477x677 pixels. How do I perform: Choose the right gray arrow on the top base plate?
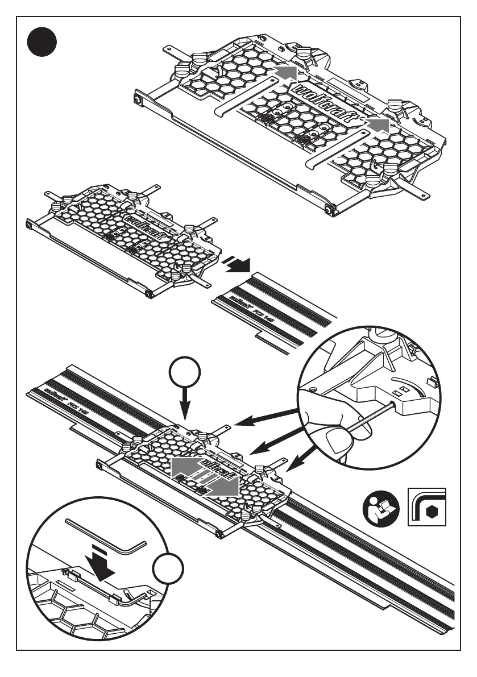pos(378,126)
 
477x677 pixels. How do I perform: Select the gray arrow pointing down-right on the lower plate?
pos(225,487)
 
